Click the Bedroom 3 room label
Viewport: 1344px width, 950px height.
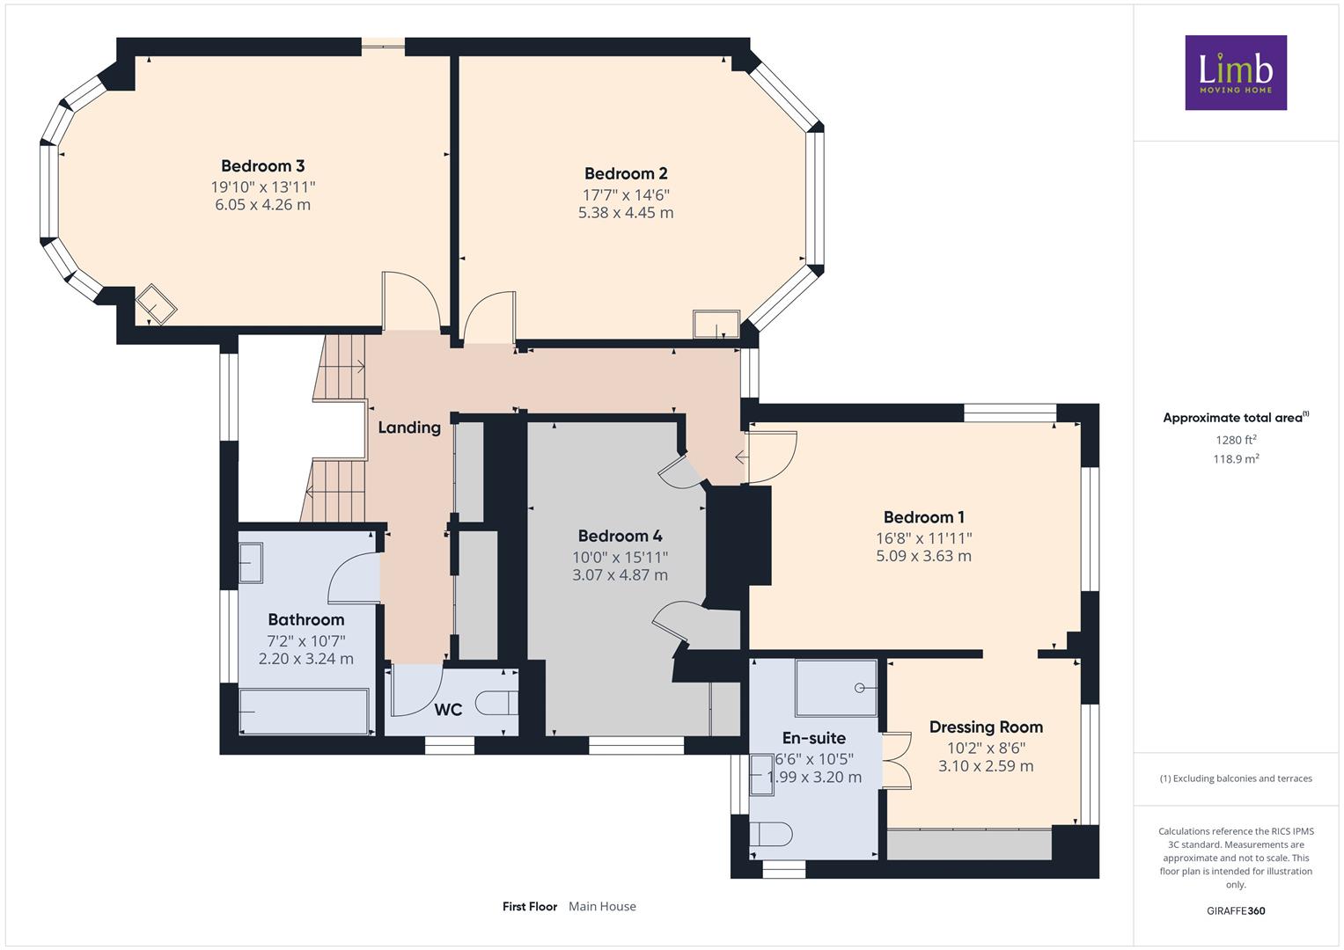click(263, 165)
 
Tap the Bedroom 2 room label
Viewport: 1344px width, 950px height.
click(626, 173)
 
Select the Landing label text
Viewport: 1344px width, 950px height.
click(409, 427)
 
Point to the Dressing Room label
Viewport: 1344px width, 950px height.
click(986, 727)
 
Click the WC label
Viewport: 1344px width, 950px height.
click(448, 710)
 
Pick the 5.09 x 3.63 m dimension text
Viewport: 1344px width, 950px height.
click(923, 556)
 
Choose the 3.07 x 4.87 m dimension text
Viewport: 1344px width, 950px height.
click(620, 574)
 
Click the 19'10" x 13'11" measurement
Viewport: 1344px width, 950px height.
click(263, 187)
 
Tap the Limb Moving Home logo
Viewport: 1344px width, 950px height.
click(1236, 72)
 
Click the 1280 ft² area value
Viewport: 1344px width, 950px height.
click(1236, 440)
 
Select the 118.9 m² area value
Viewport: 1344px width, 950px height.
click(1236, 459)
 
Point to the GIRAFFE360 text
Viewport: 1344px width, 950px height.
click(1236, 910)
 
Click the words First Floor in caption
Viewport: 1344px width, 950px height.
click(530, 906)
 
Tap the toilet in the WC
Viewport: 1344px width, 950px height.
click(496, 703)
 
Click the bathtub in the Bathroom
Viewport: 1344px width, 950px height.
click(304, 712)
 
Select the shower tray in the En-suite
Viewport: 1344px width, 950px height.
click(836, 688)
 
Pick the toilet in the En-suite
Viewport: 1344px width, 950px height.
click(771, 834)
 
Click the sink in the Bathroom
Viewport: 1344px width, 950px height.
click(251, 563)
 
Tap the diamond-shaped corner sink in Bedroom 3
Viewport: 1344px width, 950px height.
click(156, 304)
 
